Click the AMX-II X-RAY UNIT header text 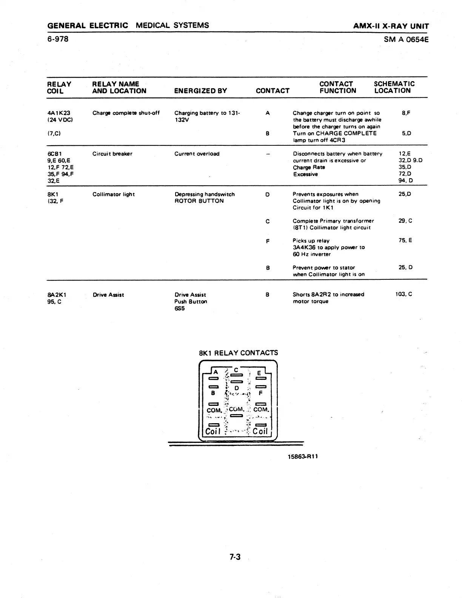click(x=391, y=26)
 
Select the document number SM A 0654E click(x=406, y=39)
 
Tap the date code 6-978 click(x=58, y=39)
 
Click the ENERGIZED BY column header click(x=200, y=91)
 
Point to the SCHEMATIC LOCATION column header click(x=394, y=87)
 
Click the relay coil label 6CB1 click(x=54, y=154)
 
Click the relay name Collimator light click(x=114, y=194)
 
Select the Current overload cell click(x=197, y=154)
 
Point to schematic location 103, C click(x=403, y=294)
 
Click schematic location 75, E click(x=405, y=240)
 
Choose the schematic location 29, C click(x=405, y=221)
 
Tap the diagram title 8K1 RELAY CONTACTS click(x=238, y=353)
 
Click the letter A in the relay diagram click(x=216, y=371)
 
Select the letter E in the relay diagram click(x=259, y=373)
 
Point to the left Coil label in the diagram click(x=213, y=431)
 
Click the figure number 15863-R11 click(x=303, y=456)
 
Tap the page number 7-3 click(x=235, y=557)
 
